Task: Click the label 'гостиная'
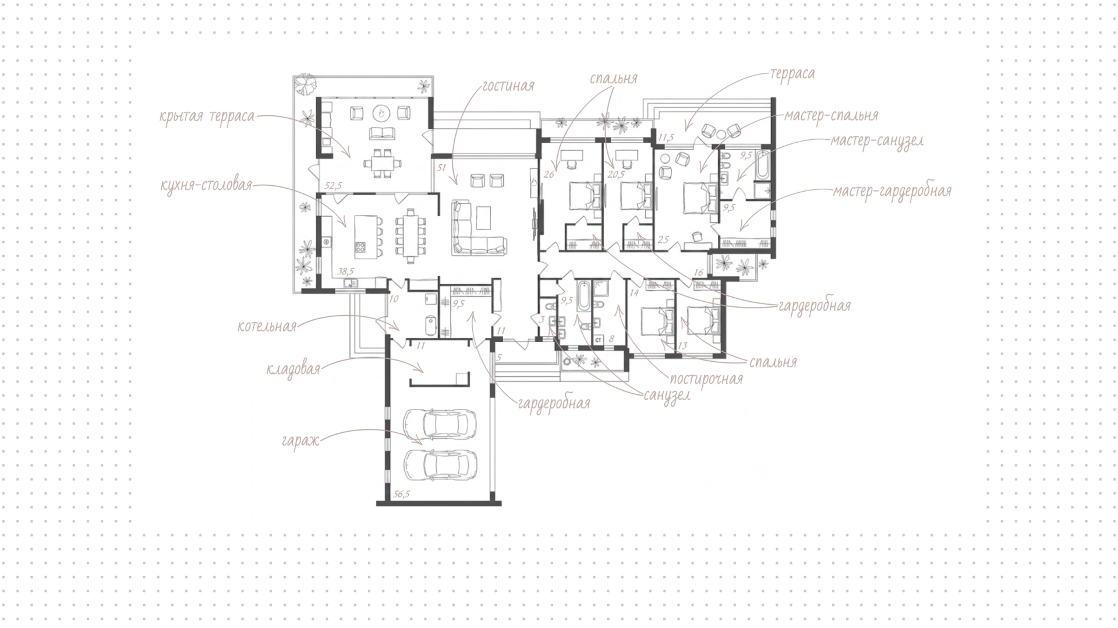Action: point(508,87)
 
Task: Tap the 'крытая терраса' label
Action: point(207,117)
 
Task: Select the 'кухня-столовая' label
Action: point(206,186)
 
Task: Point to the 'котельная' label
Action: point(267,326)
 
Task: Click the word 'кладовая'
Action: point(293,369)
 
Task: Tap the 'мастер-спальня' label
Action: point(831,116)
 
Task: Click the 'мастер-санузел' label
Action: point(877,142)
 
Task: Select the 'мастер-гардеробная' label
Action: point(892,191)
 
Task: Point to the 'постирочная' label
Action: point(706,379)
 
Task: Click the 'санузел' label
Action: point(667,396)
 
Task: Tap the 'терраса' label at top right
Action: point(792,75)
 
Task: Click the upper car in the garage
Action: point(440,424)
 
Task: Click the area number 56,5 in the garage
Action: point(401,494)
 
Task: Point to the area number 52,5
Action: point(333,186)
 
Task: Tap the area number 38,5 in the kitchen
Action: point(346,271)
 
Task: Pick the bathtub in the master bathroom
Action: point(762,165)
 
